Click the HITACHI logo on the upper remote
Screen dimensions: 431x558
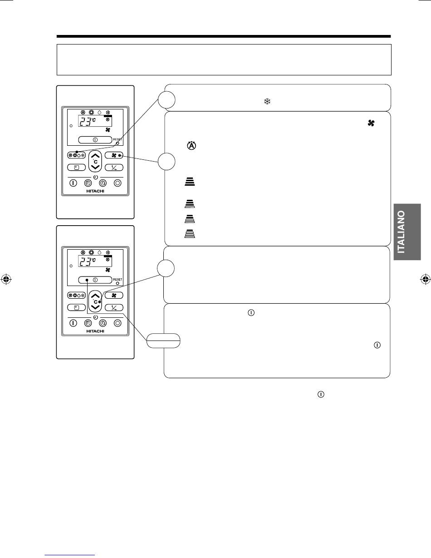point(95,191)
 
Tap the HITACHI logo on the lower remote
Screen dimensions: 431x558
point(95,331)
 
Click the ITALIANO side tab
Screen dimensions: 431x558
point(407,232)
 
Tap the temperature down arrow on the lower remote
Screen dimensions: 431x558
point(95,307)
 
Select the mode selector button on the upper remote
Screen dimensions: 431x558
point(76,155)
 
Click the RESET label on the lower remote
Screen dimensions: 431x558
point(118,279)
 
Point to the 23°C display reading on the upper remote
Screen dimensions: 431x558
point(87,121)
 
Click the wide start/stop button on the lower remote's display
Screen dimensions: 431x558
point(95,280)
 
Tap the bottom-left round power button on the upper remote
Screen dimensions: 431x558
point(73,183)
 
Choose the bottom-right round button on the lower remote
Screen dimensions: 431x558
point(118,323)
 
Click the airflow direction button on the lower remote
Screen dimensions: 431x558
point(114,307)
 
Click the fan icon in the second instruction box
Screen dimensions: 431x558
point(371,123)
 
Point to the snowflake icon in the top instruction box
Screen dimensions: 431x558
point(267,101)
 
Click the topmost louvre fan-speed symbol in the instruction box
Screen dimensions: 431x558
point(190,181)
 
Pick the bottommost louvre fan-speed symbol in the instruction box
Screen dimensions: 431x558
point(190,233)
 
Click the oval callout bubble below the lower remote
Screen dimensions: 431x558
point(163,341)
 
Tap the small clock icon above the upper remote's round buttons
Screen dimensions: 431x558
point(96,177)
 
